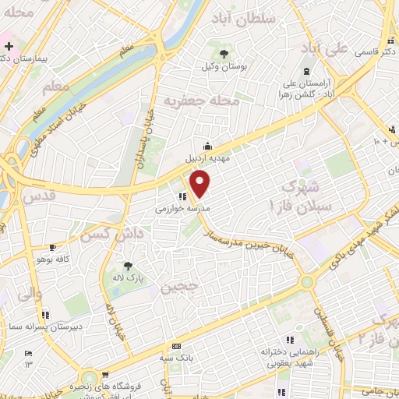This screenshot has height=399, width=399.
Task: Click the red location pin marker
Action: coord(201,184)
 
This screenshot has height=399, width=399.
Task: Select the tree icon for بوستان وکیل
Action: coord(224,53)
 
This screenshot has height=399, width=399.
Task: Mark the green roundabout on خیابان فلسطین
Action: coord(307,281)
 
